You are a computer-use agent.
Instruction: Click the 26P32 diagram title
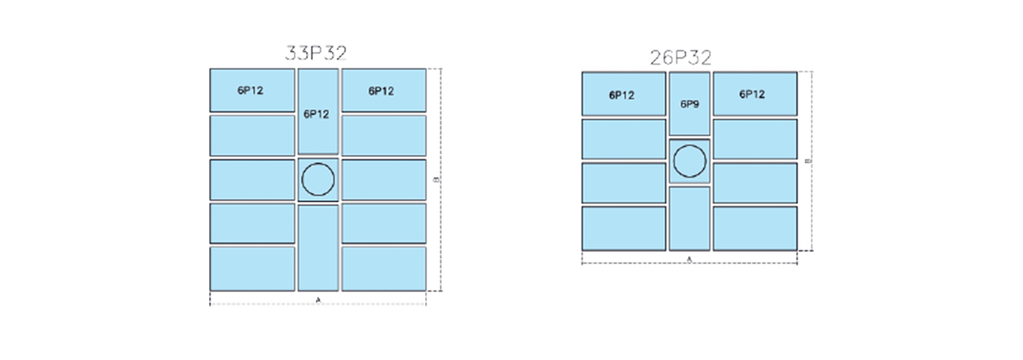pyautogui.click(x=680, y=57)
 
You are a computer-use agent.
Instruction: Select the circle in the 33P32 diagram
pyautogui.click(x=318, y=180)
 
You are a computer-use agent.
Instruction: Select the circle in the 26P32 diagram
pyautogui.click(x=690, y=161)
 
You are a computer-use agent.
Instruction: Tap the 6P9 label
pyautogui.click(x=689, y=104)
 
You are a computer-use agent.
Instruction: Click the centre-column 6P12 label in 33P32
pyautogui.click(x=317, y=114)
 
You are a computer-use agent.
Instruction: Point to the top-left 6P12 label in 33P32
pyautogui.click(x=250, y=91)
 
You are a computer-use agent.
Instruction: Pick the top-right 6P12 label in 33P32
pyautogui.click(x=381, y=91)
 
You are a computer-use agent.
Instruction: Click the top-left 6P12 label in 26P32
pyautogui.click(x=621, y=95)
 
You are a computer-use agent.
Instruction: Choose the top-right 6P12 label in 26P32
pyautogui.click(x=752, y=95)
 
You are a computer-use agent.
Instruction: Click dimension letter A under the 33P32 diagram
pyautogui.click(x=318, y=301)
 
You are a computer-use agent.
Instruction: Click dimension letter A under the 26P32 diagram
pyautogui.click(x=689, y=259)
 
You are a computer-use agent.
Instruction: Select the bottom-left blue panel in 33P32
pyautogui.click(x=252, y=268)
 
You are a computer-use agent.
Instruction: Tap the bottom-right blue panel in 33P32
pyautogui.click(x=383, y=268)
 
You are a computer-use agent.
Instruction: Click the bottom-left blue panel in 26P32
pyautogui.click(x=624, y=227)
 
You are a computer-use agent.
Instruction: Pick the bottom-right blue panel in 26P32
pyautogui.click(x=755, y=227)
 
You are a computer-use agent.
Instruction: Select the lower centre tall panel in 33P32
pyautogui.click(x=318, y=247)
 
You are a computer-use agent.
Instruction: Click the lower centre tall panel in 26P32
pyautogui.click(x=690, y=218)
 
